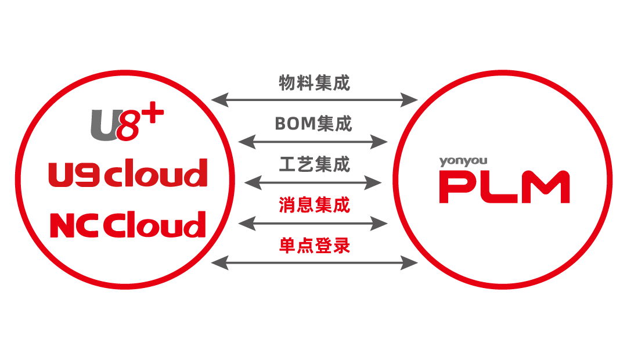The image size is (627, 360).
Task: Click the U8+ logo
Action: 125,123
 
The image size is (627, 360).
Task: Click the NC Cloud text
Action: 128,224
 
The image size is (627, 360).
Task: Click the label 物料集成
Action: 314,83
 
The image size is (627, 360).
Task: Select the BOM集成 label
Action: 313,124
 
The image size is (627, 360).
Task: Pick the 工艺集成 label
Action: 314,164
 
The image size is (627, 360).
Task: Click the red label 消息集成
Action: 314,205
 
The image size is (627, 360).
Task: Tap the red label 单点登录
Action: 314,246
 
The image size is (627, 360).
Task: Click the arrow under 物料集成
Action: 314,100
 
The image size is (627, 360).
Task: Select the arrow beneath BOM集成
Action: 313,141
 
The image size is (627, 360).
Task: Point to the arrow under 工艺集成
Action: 313,182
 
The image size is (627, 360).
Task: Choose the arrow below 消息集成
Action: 313,222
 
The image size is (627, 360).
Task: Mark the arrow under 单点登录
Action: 314,263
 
